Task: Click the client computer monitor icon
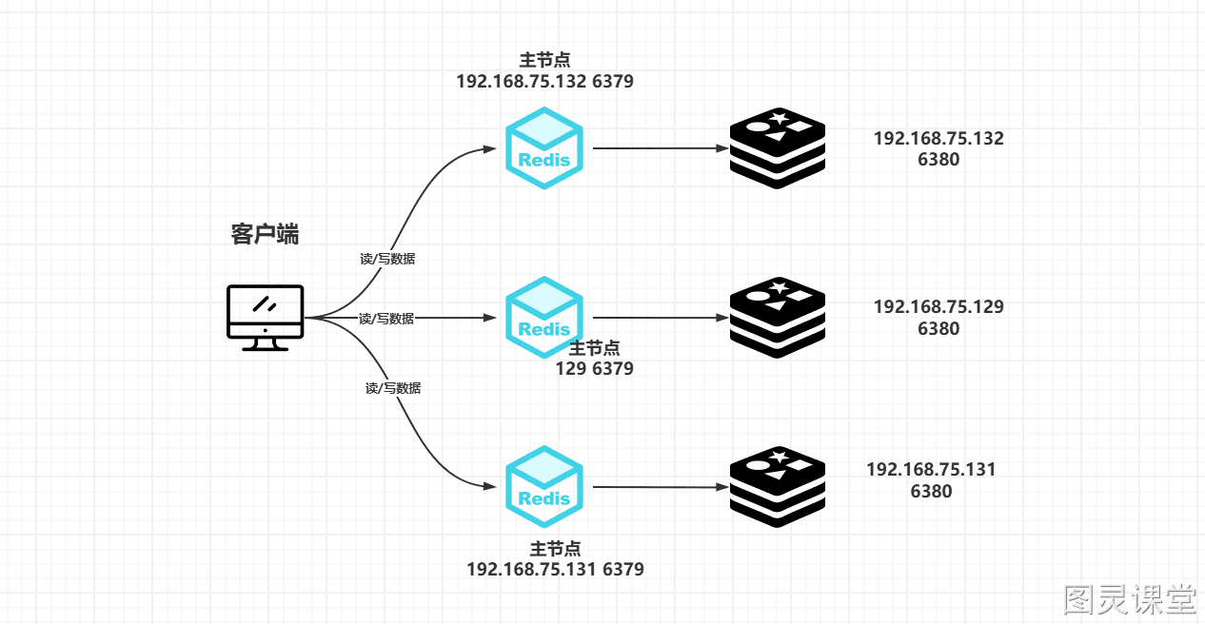coord(266,318)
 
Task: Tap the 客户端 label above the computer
coord(265,234)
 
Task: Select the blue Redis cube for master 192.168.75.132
coord(544,147)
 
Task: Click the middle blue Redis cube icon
coord(544,317)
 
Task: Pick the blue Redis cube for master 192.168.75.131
coord(544,486)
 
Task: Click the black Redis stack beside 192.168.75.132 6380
coord(778,148)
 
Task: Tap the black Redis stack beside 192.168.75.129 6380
coord(778,318)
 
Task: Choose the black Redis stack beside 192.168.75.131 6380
coord(778,487)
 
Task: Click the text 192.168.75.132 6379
coord(545,81)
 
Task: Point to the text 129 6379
coord(595,369)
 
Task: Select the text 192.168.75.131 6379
coord(555,569)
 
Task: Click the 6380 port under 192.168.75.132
coord(938,160)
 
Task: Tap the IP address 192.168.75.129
coord(938,307)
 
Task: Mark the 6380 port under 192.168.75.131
coord(931,491)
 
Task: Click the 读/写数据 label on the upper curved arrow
coord(387,259)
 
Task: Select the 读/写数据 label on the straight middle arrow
coord(386,319)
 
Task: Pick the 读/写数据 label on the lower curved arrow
coord(393,388)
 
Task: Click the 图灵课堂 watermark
coord(1130,599)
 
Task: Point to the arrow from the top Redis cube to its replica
coord(661,147)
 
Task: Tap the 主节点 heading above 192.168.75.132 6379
coord(545,60)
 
